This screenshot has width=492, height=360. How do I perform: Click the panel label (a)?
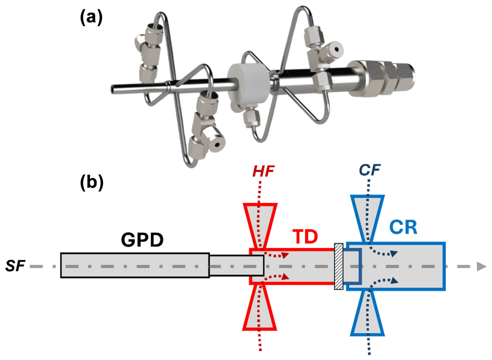click(x=91, y=17)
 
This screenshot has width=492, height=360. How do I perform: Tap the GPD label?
click(x=142, y=240)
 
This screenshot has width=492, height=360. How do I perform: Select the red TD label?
click(x=305, y=237)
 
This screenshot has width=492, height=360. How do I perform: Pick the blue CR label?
click(x=403, y=227)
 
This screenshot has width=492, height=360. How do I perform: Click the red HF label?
click(x=263, y=171)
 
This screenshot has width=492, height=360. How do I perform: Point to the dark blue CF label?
click(x=369, y=170)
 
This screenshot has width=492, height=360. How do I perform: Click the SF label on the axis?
click(x=15, y=266)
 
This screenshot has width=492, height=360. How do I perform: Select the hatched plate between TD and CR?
click(x=339, y=266)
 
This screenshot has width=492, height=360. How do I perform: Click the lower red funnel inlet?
click(x=260, y=308)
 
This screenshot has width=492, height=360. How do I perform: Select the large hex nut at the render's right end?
click(x=374, y=78)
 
